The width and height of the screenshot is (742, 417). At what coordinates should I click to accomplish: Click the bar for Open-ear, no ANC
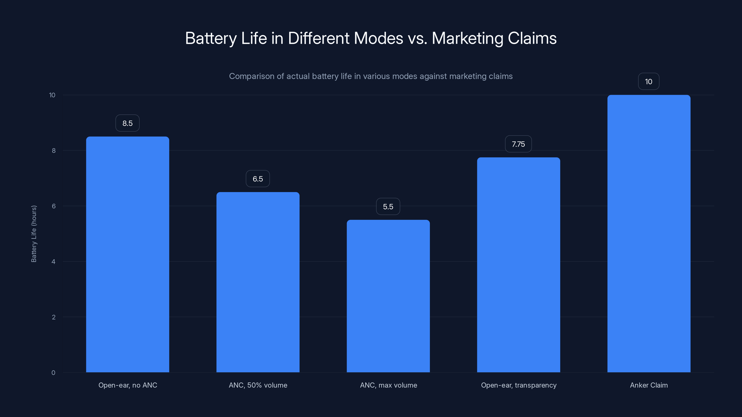(128, 254)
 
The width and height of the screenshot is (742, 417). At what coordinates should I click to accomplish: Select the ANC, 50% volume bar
(258, 282)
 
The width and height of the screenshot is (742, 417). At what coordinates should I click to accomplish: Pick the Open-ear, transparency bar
(518, 265)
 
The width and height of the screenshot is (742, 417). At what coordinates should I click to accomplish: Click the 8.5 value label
(128, 123)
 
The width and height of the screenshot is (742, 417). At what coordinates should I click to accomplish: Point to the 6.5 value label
(258, 179)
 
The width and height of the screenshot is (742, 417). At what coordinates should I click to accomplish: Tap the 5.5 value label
(388, 207)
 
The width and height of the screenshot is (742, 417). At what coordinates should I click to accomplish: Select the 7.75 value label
(518, 144)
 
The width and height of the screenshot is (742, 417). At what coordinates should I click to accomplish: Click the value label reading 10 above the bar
(648, 82)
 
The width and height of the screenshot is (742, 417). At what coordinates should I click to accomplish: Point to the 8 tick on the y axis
(54, 151)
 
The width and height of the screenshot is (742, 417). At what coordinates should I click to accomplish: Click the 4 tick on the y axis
(54, 262)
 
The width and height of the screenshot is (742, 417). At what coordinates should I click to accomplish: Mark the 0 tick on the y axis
(54, 373)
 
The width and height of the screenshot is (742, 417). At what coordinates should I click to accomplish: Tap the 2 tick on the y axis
(54, 317)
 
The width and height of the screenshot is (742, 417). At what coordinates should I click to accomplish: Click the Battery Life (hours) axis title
(34, 234)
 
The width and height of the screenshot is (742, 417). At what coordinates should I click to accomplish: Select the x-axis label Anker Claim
(649, 385)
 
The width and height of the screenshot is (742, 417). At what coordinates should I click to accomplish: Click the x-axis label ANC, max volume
(388, 385)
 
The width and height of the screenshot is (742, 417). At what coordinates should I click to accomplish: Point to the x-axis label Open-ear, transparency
(518, 385)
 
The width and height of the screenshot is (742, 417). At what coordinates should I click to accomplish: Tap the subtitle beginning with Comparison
(371, 76)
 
